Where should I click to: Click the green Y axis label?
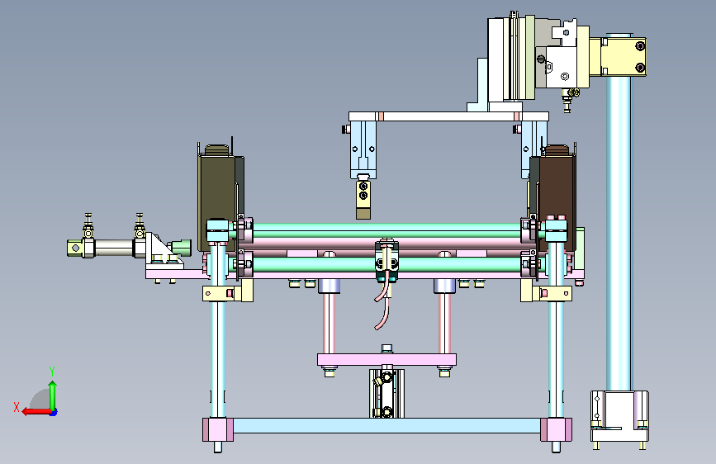[52, 371]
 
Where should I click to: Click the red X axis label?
[17, 407]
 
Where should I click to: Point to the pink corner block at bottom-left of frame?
[218, 429]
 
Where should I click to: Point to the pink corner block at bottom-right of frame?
[556, 429]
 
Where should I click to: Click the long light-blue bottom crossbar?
[386, 425]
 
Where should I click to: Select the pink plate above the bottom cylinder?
[386, 360]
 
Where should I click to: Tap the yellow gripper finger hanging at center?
[363, 200]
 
